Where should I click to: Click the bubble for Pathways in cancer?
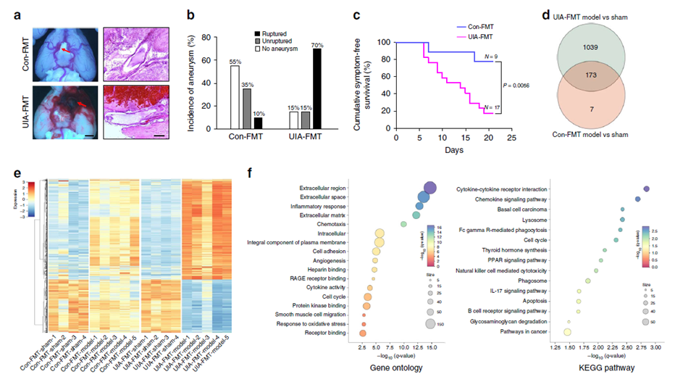[567, 332]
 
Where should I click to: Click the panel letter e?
[7, 172]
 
